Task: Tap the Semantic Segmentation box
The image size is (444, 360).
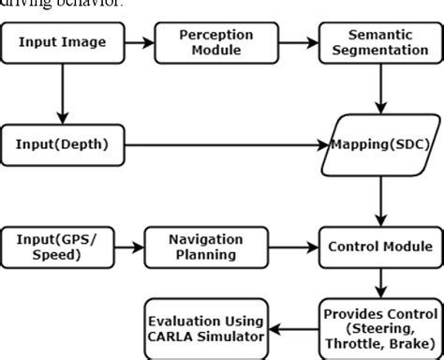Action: pyautogui.click(x=379, y=43)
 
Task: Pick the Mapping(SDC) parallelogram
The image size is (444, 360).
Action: pyautogui.click(x=379, y=145)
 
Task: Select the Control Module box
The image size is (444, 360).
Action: pyautogui.click(x=379, y=247)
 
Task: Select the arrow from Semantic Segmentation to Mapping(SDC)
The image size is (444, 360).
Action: pyautogui.click(x=379, y=92)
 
